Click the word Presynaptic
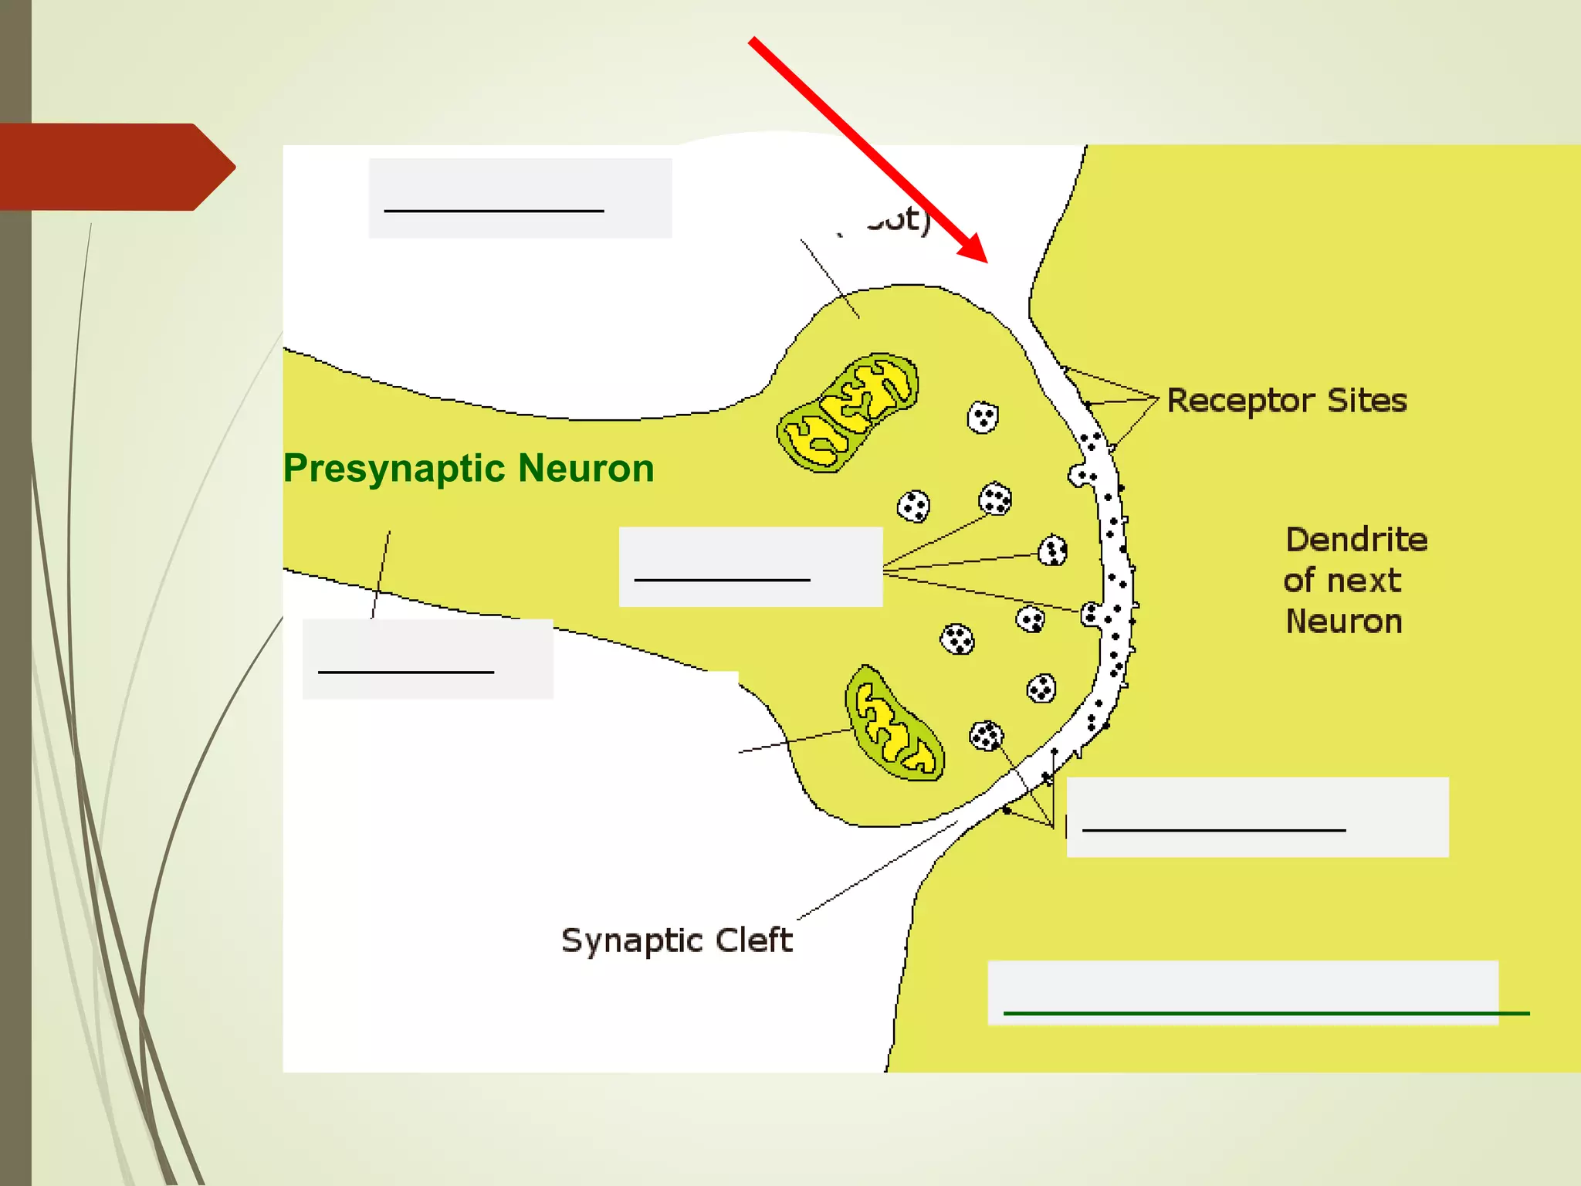pos(394,469)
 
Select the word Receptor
pos(1241,401)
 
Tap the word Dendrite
pos(1356,540)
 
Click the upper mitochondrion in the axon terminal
pos(848,412)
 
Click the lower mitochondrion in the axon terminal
pos(894,723)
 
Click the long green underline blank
pos(1266,1013)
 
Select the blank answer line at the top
pos(494,210)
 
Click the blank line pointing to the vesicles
pos(722,579)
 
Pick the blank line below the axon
pos(406,672)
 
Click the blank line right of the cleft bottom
pos(1214,830)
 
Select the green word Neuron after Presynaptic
pos(586,469)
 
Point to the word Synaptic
pos(632,940)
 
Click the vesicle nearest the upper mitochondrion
pos(983,418)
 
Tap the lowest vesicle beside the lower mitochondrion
pos(986,736)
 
